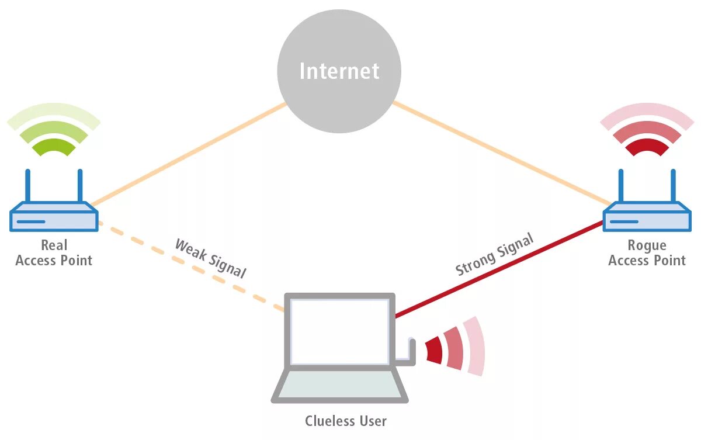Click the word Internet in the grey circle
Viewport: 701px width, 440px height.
pos(339,71)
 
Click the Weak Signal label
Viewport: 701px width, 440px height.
pos(210,258)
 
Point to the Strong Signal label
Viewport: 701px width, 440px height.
pos(495,255)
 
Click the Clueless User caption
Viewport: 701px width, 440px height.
pos(346,421)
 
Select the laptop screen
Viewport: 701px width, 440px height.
pos(339,331)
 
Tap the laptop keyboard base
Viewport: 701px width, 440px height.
pos(339,386)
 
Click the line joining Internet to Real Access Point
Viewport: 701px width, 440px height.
pos(187,154)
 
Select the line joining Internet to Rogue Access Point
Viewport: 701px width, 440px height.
pos(502,154)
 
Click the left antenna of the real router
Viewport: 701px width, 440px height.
pos(27,186)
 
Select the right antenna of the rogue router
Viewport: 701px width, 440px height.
pos(673,186)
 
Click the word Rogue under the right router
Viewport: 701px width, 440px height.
pos(646,245)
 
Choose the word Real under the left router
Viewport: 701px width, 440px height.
pos(54,245)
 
